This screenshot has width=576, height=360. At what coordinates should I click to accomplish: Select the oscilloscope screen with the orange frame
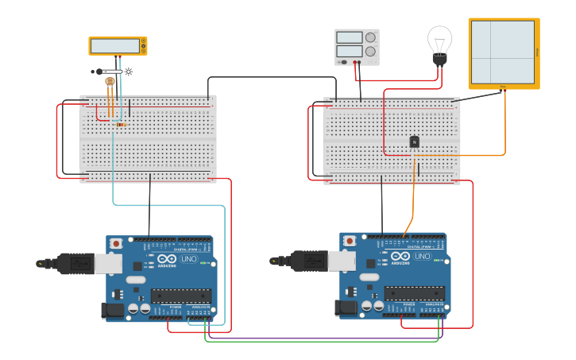click(503, 52)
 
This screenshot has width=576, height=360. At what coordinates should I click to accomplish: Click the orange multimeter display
click(118, 46)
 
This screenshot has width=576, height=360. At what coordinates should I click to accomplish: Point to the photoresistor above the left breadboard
click(110, 81)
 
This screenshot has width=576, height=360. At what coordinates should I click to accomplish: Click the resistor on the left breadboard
click(121, 124)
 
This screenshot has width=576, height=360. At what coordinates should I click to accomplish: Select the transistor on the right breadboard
click(414, 141)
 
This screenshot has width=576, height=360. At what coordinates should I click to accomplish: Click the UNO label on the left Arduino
click(189, 259)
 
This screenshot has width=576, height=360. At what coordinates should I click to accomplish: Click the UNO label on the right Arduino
click(423, 256)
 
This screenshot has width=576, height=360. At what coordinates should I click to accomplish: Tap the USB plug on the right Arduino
click(311, 260)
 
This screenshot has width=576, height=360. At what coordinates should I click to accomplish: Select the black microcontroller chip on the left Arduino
click(181, 296)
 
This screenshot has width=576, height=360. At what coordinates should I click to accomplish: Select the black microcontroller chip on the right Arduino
click(415, 292)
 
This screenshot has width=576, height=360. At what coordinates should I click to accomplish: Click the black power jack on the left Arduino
click(113, 309)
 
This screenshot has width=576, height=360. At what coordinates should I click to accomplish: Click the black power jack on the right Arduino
click(346, 306)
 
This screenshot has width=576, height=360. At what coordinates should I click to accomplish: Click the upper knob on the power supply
click(370, 37)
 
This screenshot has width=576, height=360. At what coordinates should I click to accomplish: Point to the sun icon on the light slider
click(129, 72)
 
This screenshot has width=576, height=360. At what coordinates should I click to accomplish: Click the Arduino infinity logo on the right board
click(400, 256)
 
